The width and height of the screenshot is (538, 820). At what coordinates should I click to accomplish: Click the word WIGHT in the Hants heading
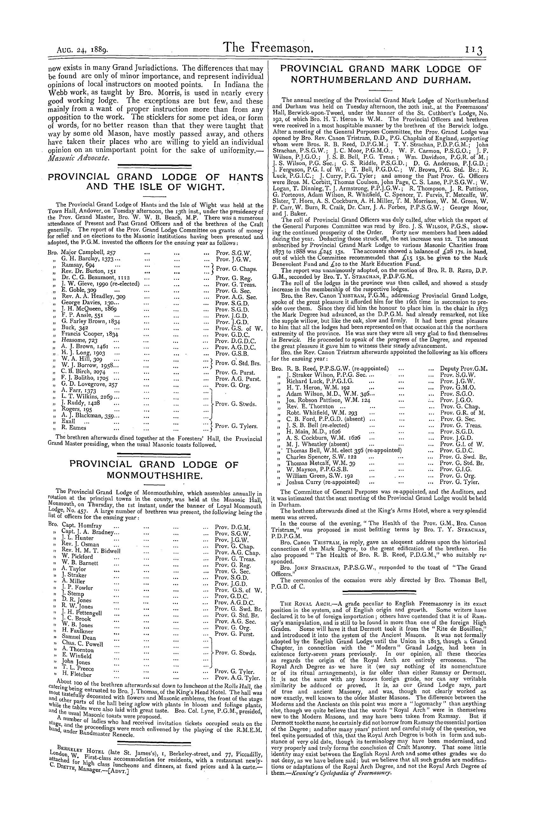click(203, 187)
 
